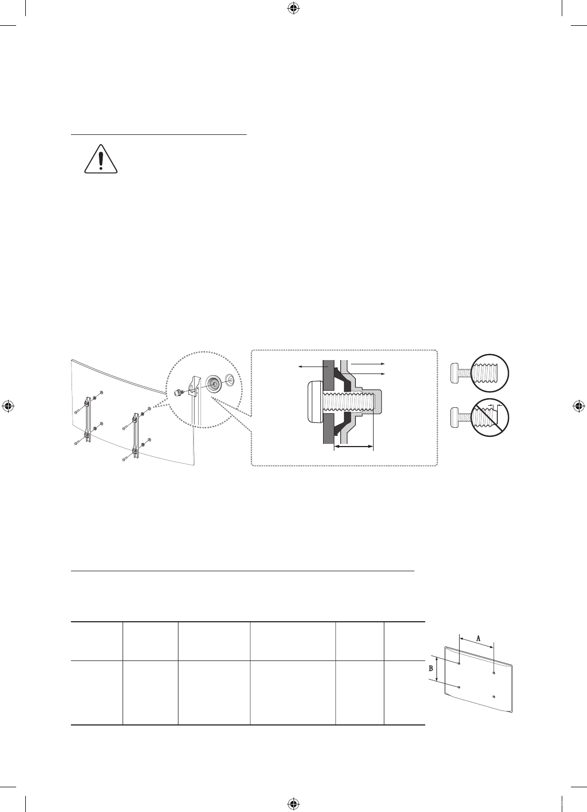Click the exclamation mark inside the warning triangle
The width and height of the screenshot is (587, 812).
(x=101, y=160)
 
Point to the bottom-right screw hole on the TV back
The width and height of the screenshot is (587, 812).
(x=494, y=696)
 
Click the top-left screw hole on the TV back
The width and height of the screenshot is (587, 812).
(x=460, y=663)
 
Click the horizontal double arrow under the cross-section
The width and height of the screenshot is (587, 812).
(x=353, y=447)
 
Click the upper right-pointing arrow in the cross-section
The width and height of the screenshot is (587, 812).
(x=367, y=363)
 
